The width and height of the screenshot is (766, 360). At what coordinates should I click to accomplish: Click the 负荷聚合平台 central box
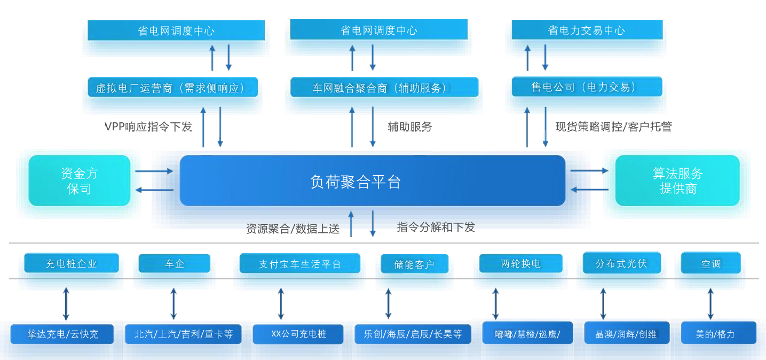click(372, 181)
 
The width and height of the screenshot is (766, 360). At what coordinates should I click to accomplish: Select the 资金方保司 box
click(79, 181)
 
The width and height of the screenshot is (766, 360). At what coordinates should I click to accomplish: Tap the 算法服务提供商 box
click(677, 181)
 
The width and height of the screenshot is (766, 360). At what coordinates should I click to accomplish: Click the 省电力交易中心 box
click(586, 30)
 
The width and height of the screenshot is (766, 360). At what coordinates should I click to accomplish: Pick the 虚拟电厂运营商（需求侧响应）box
click(172, 87)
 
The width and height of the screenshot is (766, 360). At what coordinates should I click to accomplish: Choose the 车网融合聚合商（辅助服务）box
click(384, 87)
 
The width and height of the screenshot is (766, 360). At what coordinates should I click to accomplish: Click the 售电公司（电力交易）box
click(587, 87)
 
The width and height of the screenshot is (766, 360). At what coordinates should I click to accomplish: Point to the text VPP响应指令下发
click(148, 127)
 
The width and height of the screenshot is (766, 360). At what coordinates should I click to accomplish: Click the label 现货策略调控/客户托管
click(613, 127)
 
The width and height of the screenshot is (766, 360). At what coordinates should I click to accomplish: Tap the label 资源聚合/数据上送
click(293, 229)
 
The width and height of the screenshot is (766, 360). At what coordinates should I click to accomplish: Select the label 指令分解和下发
click(436, 227)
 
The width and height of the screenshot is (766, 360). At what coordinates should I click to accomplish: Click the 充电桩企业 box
click(71, 263)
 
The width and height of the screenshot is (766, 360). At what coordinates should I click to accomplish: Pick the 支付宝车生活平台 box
click(299, 264)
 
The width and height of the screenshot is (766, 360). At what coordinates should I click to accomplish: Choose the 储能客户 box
click(414, 264)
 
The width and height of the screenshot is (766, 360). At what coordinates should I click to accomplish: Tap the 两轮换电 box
click(520, 263)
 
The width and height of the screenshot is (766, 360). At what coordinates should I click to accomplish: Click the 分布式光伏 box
click(621, 263)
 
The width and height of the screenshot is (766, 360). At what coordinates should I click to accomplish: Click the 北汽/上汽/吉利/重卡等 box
click(183, 334)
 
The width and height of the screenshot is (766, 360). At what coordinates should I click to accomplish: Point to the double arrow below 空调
click(710, 303)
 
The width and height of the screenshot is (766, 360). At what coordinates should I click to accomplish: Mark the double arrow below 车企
click(173, 303)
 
